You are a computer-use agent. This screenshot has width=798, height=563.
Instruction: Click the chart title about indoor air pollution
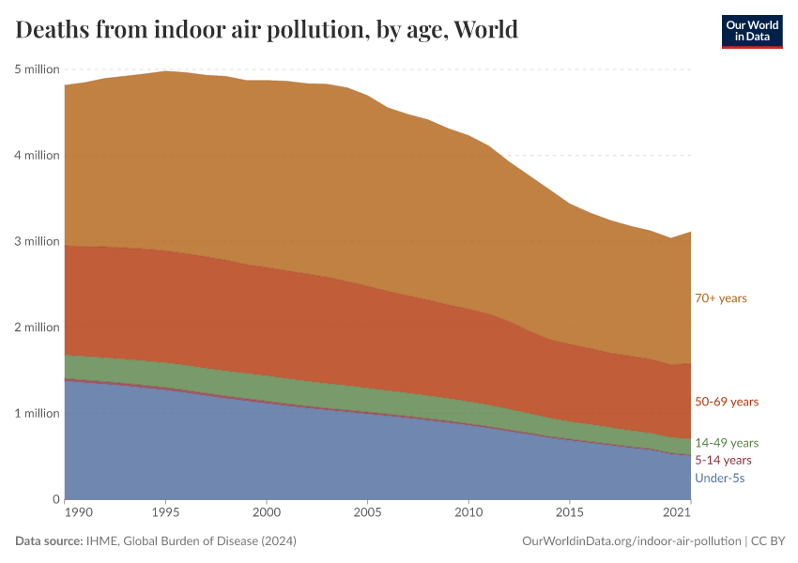click(267, 30)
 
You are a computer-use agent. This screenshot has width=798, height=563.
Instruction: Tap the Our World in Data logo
click(751, 31)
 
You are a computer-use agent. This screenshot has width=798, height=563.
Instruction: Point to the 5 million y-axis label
click(38, 69)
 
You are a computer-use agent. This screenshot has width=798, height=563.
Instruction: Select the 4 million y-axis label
click(38, 156)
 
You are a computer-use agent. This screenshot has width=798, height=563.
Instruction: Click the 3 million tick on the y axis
click(38, 241)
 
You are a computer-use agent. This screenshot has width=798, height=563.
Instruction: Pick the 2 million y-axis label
click(38, 327)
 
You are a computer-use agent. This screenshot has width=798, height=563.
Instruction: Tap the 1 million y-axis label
click(38, 413)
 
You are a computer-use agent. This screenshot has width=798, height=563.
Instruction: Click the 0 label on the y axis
click(56, 499)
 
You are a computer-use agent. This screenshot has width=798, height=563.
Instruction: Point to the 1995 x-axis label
click(166, 513)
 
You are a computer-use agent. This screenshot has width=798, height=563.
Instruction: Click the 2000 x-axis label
click(268, 513)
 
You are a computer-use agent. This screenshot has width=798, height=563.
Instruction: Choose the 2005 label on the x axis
click(368, 513)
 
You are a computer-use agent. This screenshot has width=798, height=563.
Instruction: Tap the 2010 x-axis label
click(468, 513)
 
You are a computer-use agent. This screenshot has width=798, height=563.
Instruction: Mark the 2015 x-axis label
click(569, 513)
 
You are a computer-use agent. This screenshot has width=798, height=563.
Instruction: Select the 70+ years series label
click(720, 298)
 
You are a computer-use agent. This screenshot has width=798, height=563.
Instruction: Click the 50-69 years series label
click(727, 402)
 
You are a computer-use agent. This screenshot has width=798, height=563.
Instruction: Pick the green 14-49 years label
click(727, 442)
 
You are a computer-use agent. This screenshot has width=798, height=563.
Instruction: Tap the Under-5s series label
click(719, 479)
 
